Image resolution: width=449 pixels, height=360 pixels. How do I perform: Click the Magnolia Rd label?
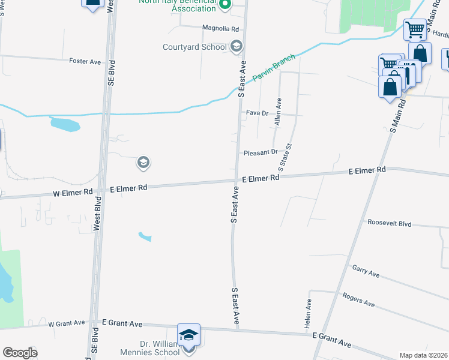(x=221, y=28)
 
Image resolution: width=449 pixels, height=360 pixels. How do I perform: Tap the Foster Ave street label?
(x=85, y=61)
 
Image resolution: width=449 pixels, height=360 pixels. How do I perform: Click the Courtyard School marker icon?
(x=237, y=46)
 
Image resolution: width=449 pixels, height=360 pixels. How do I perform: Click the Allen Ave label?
(x=278, y=112)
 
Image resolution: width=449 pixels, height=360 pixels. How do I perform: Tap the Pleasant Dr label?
(x=261, y=152)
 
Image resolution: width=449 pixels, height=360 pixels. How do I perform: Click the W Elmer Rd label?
(x=73, y=192)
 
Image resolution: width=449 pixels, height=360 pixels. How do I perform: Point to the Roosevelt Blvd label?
(x=390, y=223)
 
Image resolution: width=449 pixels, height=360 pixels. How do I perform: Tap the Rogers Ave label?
(x=358, y=300)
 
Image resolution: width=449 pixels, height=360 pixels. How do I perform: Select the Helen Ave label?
(x=309, y=313)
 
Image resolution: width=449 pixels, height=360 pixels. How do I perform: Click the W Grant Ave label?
(x=68, y=323)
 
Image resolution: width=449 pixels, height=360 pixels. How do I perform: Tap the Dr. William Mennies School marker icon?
(x=188, y=334)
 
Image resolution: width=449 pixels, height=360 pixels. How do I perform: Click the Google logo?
(x=20, y=353)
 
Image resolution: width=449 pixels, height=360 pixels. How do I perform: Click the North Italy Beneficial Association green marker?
(x=225, y=7)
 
